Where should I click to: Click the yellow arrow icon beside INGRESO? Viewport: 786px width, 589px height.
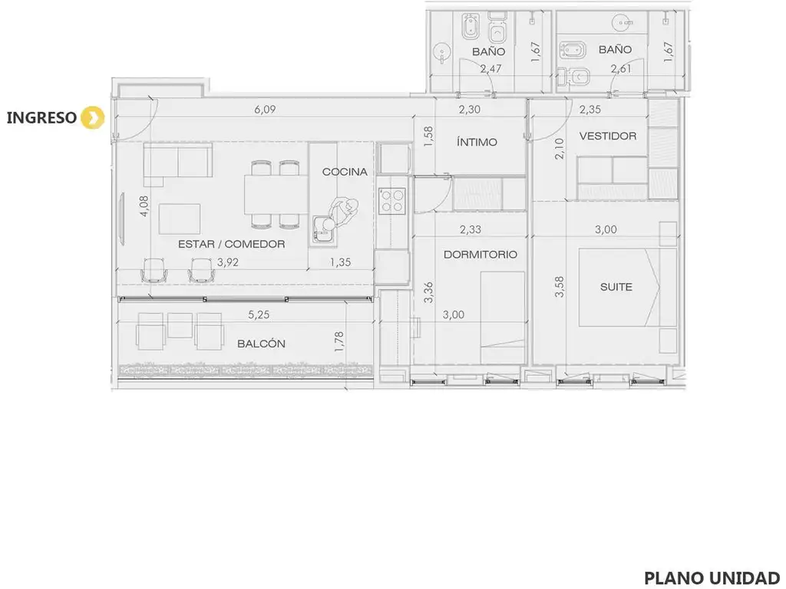pos(93,118)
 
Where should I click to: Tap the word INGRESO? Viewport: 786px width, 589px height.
pos(41,117)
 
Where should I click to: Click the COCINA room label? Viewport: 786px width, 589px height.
pos(345,172)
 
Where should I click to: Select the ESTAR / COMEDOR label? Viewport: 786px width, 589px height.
pos(231,244)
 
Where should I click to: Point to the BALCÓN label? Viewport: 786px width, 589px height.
pos(261,344)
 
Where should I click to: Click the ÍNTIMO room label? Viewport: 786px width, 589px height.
pos(476,142)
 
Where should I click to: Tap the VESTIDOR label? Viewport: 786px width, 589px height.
pos(608,136)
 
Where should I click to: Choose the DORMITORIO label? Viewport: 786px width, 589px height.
pos(481,255)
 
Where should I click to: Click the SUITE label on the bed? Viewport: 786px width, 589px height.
pos(616,287)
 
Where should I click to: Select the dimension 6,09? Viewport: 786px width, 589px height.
pos(265,109)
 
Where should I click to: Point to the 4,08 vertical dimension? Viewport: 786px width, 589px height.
pos(144,206)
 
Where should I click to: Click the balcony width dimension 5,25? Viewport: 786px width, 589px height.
pos(259,314)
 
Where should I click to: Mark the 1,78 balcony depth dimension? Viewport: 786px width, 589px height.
pos(339,341)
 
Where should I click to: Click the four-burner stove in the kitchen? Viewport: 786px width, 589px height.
pos(392,201)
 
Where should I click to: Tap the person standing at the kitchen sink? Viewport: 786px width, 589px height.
pos(342,213)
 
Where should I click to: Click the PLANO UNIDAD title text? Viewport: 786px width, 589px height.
pos(712,577)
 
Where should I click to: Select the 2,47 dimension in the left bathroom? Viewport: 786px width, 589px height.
pos(490,68)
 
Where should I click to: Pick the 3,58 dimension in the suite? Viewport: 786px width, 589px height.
pos(560,287)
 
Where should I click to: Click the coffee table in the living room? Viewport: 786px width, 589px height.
pos(180,219)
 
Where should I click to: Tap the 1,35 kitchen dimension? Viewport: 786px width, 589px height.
pos(340,262)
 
